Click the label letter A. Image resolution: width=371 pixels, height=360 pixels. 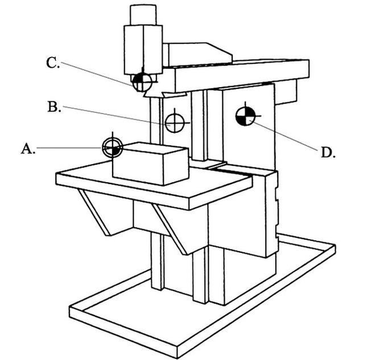[27, 149]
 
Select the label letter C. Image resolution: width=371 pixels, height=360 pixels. [52, 63]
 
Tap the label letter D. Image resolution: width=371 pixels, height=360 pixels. [327, 152]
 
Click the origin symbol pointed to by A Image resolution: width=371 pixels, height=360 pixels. [112, 148]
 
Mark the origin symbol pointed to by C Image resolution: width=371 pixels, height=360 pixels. [141, 83]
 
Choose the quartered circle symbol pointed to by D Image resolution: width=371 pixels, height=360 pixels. [245, 115]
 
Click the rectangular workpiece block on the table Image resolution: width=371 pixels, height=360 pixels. [150, 165]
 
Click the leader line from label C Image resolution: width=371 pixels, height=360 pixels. [97, 73]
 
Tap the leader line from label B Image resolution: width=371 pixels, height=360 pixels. [114, 114]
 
